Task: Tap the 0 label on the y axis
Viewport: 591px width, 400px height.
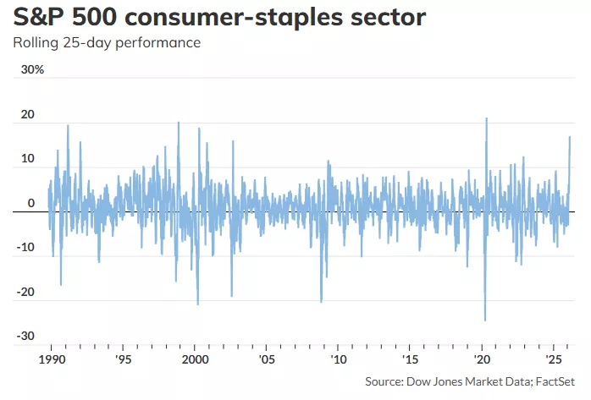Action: point(30,203)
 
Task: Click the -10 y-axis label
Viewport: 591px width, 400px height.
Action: point(25,247)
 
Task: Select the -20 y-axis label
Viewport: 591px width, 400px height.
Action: point(25,292)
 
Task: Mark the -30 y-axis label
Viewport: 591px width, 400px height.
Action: point(25,336)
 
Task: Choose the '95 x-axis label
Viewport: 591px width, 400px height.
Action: point(124,359)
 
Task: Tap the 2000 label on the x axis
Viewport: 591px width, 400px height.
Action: point(195,359)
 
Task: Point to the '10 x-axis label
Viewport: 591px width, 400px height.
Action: point(338,359)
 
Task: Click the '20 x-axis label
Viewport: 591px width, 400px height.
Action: point(481,359)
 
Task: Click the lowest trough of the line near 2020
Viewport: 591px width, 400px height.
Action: point(485,321)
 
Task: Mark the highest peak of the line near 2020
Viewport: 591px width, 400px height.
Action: point(487,118)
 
